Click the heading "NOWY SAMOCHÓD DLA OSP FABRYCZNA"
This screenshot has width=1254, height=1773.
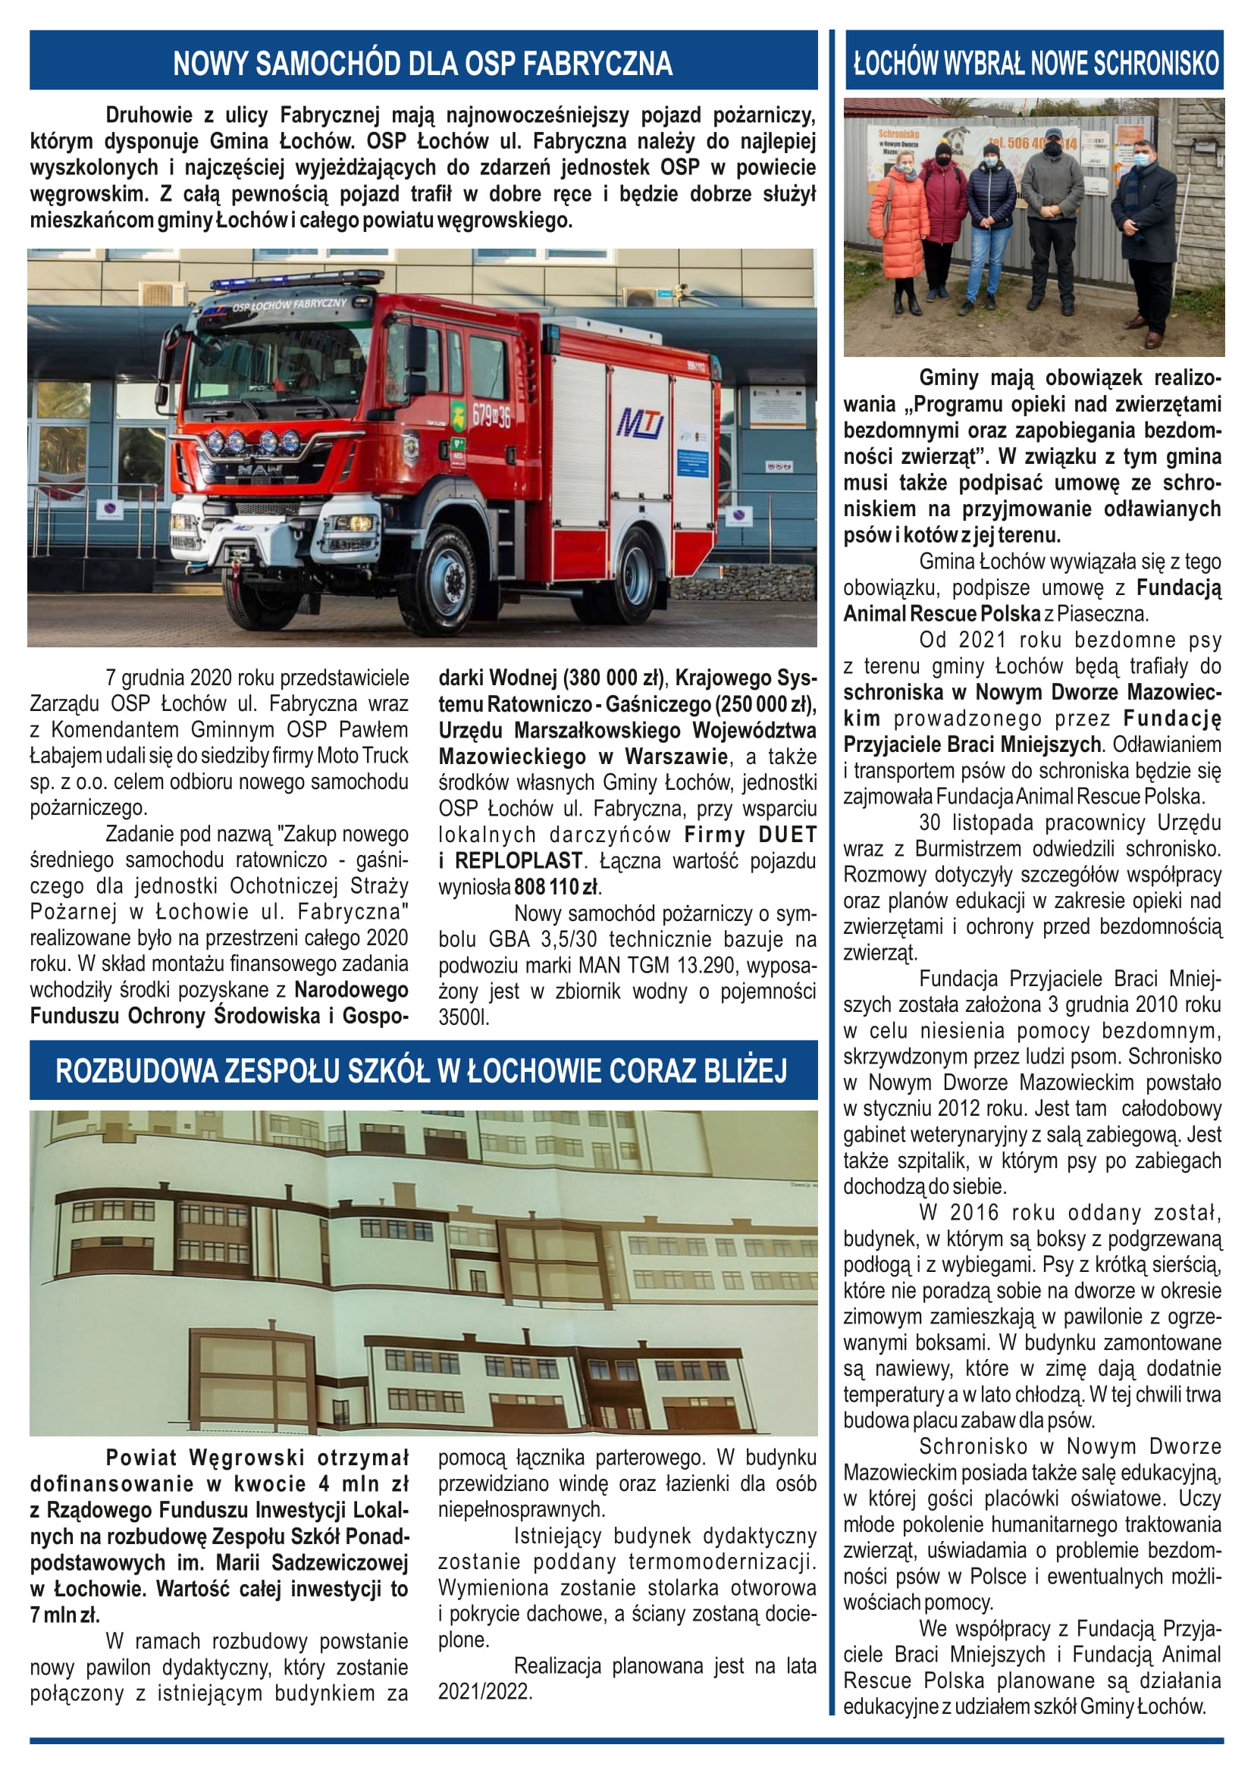click(422, 63)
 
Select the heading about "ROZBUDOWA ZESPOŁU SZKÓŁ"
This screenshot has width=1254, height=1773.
click(422, 1070)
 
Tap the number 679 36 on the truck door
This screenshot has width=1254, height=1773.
click(491, 417)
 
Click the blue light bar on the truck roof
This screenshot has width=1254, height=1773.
click(297, 280)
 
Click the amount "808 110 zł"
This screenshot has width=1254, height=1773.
click(556, 888)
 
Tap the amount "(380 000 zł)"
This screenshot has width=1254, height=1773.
click(613, 678)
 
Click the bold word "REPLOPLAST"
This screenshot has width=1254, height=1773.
click(518, 861)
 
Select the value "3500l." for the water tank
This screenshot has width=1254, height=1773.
click(463, 1018)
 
